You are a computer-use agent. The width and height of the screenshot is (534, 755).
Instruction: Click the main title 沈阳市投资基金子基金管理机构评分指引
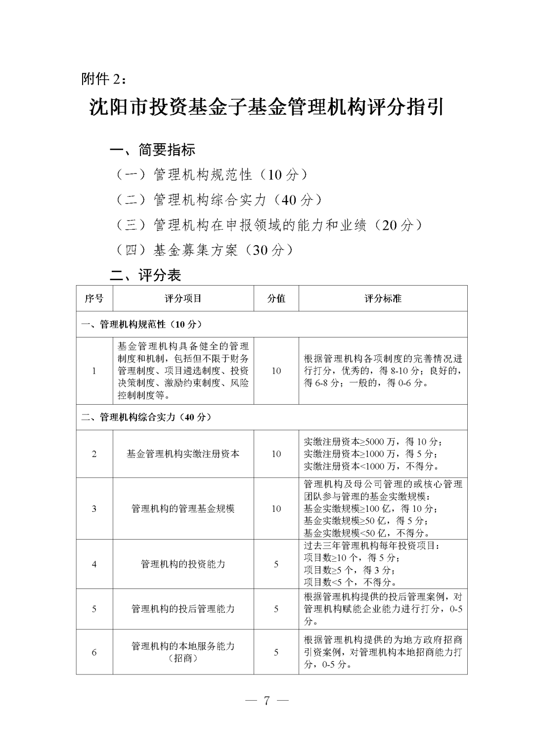coord(267,107)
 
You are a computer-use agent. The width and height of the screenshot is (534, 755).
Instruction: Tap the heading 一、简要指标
coord(152,149)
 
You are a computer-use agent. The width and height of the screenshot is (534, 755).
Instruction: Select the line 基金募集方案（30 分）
coord(205,251)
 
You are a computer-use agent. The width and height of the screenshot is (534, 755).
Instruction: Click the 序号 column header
coord(94,298)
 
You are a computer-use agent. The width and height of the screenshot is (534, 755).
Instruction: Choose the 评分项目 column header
coord(183,298)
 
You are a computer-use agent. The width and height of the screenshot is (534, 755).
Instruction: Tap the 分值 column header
coord(276,298)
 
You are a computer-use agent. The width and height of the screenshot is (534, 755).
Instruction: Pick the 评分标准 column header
coord(383,298)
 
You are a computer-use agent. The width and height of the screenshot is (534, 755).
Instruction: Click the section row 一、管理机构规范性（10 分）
coord(142,324)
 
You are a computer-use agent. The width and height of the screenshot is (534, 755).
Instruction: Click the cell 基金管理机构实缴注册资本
coord(183,454)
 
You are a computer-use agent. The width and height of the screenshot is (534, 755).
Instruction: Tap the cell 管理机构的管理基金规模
coord(183,508)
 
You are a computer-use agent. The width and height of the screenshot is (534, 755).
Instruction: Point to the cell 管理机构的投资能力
coord(183,564)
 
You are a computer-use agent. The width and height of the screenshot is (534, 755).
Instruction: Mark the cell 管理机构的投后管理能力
coord(183,609)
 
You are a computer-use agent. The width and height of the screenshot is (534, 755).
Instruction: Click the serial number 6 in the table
coord(94,652)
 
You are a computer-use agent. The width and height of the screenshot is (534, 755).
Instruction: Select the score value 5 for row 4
coord(276,564)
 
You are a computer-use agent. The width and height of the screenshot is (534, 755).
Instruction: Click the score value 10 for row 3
coord(276,508)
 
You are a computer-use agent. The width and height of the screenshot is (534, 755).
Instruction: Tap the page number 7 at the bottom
coord(267,701)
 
